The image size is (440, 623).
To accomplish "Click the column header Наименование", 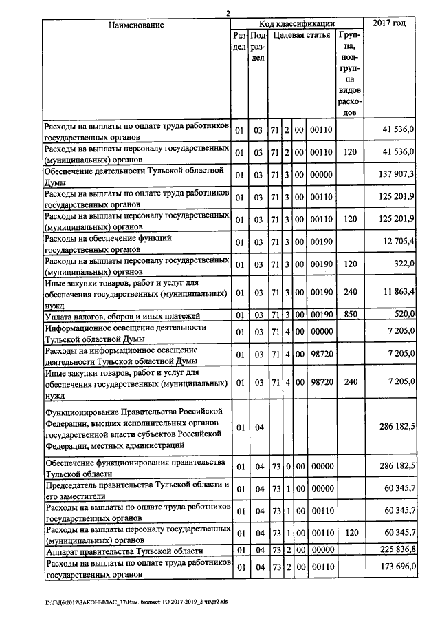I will point(135,25).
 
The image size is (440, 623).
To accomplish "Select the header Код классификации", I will point(296,23).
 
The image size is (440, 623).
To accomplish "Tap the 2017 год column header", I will point(389,23).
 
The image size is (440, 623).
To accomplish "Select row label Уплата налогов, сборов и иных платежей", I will point(118,316).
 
